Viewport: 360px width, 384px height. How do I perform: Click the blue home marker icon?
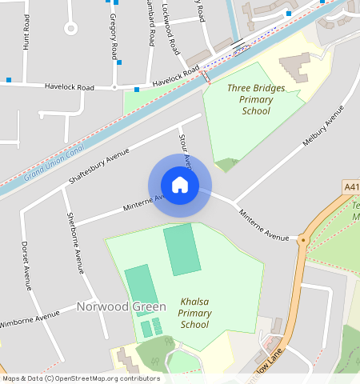pos(180,186)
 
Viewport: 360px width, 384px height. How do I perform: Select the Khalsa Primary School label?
pos(194,314)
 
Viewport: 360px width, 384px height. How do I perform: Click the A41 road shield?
pos(350,186)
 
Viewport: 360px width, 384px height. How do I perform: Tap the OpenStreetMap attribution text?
pos(81,378)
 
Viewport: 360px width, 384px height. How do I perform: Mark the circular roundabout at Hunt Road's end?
pos(70,29)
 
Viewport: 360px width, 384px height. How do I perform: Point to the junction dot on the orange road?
pos(303,239)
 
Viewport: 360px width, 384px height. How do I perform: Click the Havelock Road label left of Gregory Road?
pos(70,86)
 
